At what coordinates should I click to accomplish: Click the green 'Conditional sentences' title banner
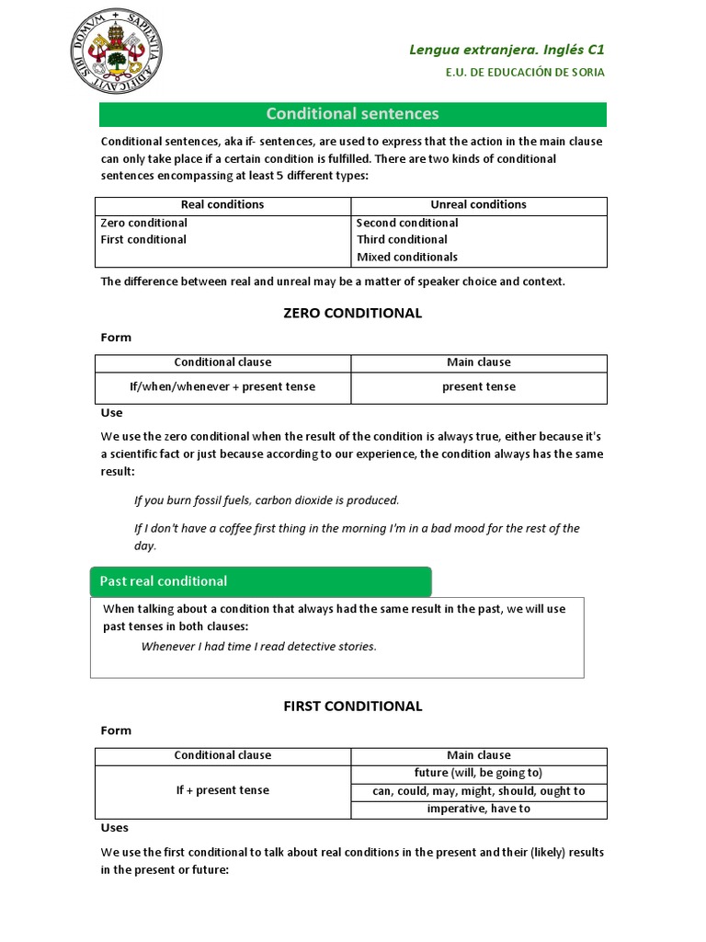point(352,114)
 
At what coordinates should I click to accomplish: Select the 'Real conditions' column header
point(222,205)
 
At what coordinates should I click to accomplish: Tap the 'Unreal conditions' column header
point(478,205)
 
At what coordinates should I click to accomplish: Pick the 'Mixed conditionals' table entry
point(406,257)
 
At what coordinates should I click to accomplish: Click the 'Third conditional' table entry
point(402,239)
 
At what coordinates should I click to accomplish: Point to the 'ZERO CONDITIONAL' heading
point(353,313)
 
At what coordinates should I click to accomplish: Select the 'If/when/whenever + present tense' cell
point(222,387)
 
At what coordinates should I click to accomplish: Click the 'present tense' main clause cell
point(478,387)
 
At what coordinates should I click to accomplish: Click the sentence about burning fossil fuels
point(267,500)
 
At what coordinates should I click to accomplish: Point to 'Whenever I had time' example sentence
point(258,647)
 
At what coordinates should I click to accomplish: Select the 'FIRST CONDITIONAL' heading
point(353,706)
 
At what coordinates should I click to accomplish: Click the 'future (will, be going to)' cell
point(478,773)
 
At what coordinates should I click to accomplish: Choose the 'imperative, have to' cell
point(478,809)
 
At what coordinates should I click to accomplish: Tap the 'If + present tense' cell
point(222,790)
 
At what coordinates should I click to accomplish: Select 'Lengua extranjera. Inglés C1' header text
point(507,50)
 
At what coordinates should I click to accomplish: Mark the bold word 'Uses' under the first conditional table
point(114,827)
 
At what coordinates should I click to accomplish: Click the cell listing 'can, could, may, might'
point(478,791)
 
